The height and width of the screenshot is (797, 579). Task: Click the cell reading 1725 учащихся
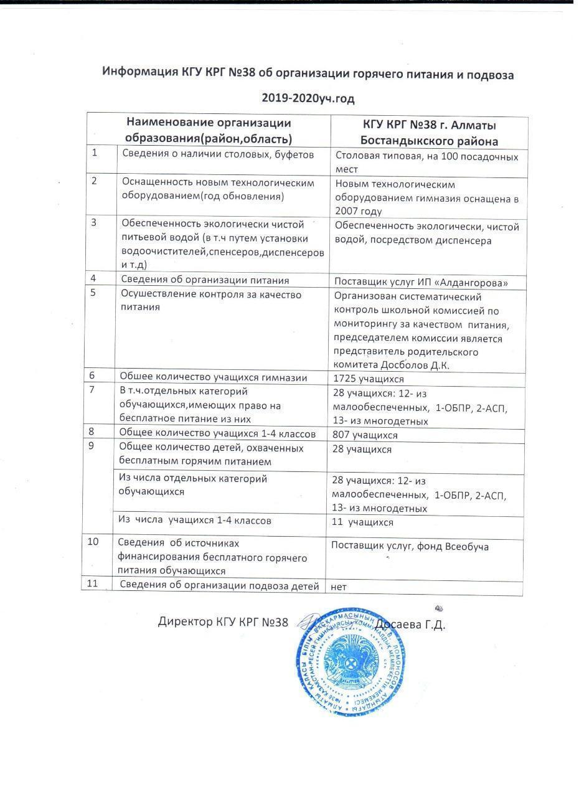coord(369,379)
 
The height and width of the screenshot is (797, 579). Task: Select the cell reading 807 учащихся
coord(365,435)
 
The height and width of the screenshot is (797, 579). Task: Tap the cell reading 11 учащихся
coord(362,522)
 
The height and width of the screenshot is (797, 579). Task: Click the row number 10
coord(93,542)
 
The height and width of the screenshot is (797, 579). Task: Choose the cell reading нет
coord(339,587)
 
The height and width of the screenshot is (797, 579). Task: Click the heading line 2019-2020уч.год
coord(308,98)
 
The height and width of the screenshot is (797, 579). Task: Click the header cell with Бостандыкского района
coord(429,141)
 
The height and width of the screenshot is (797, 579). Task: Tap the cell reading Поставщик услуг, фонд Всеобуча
coord(410,547)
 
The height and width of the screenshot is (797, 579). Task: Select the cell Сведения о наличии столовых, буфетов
coord(218,154)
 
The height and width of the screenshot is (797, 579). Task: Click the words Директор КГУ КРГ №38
coord(223,621)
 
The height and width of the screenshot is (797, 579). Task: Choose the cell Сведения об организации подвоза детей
coord(219,585)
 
